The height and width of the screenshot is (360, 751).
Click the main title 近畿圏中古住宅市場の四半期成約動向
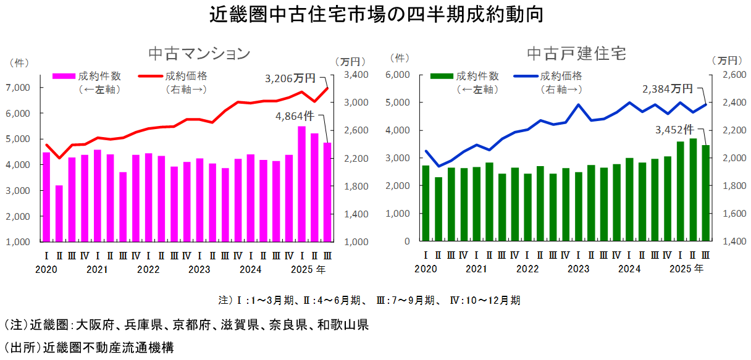pos(375,14)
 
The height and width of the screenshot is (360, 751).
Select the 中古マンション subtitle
pos(199,53)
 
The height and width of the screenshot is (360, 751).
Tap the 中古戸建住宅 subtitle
pos(576,53)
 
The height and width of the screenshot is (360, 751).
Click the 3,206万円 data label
pos(290,79)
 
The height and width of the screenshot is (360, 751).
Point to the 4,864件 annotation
pos(295,115)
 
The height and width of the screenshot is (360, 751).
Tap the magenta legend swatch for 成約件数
pos(63,77)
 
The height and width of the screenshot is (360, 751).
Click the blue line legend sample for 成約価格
pos(526,77)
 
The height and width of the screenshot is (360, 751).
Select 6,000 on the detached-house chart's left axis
pos(398,75)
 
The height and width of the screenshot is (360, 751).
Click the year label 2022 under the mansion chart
pos(148,269)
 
